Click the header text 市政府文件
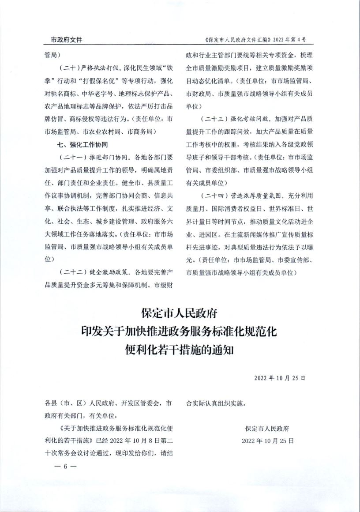[63, 40]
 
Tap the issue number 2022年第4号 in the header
[286, 40]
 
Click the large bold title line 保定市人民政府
[180, 313]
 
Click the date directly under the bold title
[280, 378]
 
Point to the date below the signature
[267, 441]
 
